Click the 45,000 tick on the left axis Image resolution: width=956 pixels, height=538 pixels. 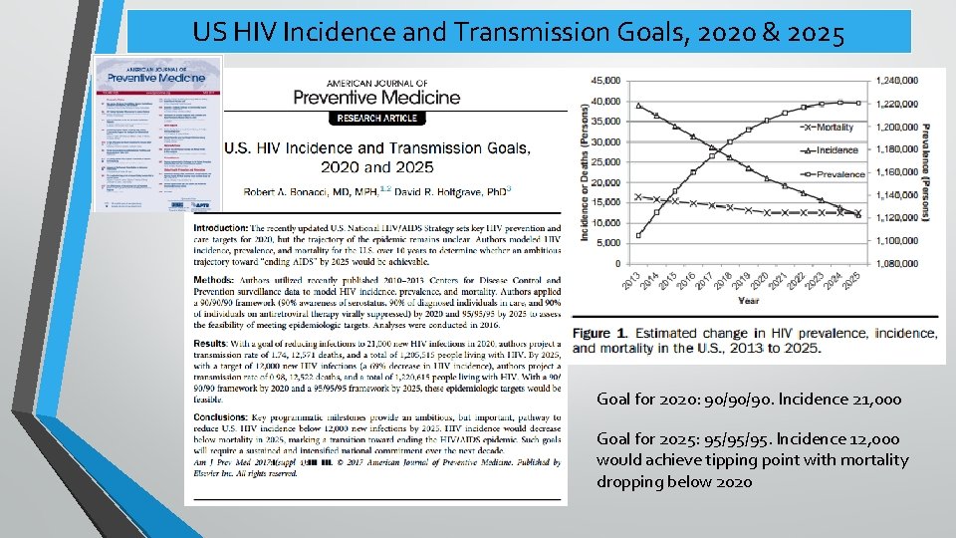point(607,80)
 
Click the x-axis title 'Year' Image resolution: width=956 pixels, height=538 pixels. point(748,300)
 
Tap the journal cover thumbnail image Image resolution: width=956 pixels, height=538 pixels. point(156,133)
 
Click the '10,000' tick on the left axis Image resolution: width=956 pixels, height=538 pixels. point(607,243)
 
